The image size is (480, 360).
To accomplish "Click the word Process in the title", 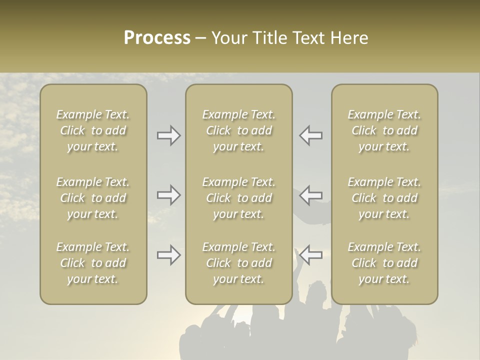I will tap(157, 38).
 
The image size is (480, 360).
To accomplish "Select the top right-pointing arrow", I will tap(169, 135).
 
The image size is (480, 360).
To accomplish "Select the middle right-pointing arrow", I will tap(169, 195).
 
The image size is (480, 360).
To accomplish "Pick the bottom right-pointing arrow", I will tap(169, 255).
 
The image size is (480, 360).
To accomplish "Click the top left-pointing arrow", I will tap(311, 135).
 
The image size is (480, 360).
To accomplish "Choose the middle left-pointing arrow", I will tap(311, 195).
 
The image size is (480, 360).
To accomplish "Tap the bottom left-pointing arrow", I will tap(311, 255).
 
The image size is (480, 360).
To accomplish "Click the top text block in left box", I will tap(93, 130).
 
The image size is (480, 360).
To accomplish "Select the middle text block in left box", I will tap(93, 198).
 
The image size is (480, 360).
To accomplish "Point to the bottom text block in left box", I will tap(93, 263).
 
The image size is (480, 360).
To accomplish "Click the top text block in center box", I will tap(239, 130).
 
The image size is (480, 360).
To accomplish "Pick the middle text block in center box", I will tap(239, 198).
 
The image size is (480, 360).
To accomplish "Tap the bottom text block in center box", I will tap(239, 263).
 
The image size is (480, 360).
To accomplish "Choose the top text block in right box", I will tap(384, 130).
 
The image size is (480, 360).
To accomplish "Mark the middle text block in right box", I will tap(384, 198).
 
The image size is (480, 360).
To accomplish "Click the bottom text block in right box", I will tap(384, 263).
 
